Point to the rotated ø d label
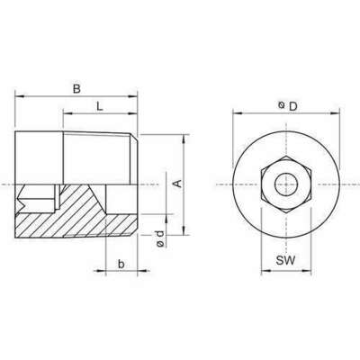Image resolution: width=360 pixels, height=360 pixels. [x=158, y=238]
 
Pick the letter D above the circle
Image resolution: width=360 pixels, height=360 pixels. [x=292, y=107]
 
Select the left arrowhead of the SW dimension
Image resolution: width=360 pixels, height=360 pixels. [x=265, y=268]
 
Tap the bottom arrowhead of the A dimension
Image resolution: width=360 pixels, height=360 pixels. [x=185, y=232]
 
